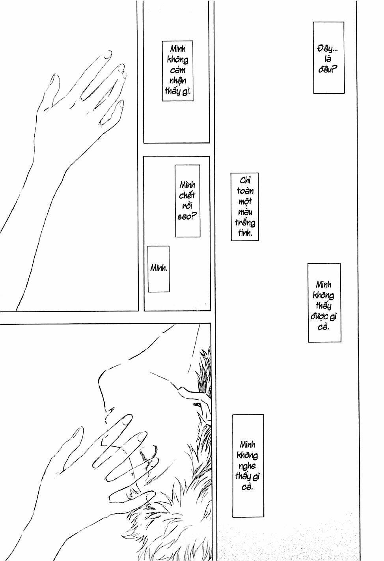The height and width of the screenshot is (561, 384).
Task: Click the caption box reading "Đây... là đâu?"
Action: click(x=329, y=58)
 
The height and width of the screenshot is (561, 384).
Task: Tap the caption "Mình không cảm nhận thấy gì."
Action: click(x=178, y=71)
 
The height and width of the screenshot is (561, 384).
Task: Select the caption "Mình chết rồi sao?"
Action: click(x=187, y=201)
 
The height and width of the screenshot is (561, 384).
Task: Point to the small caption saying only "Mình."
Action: click(x=158, y=268)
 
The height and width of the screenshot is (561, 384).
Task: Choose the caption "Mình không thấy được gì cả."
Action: click(x=324, y=302)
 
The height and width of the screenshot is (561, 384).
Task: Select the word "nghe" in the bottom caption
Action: click(x=247, y=466)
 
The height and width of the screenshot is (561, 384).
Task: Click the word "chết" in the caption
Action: click(x=187, y=195)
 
